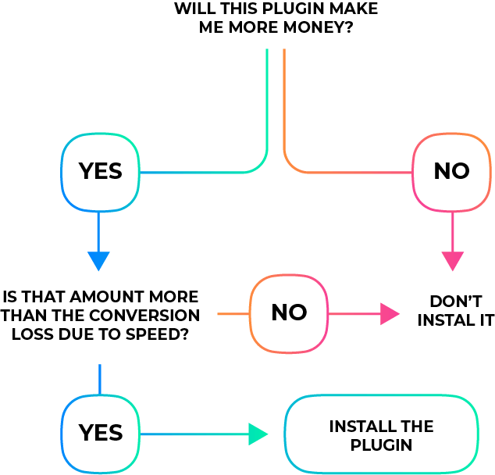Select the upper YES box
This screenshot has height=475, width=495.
click(100, 172)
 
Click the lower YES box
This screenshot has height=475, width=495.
click(100, 434)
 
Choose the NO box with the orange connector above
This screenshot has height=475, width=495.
click(452, 172)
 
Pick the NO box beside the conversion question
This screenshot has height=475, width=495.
click(289, 313)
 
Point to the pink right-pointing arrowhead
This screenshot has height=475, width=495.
click(390, 313)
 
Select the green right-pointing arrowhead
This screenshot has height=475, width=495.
click(258, 434)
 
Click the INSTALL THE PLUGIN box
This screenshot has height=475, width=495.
click(381, 434)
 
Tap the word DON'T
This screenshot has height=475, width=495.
click(456, 302)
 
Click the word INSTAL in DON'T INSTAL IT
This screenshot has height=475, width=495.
click(444, 320)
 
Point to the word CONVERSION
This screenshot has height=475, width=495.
click(144, 316)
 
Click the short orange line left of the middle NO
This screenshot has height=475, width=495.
click(233, 313)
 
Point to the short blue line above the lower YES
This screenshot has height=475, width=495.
click(100, 380)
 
